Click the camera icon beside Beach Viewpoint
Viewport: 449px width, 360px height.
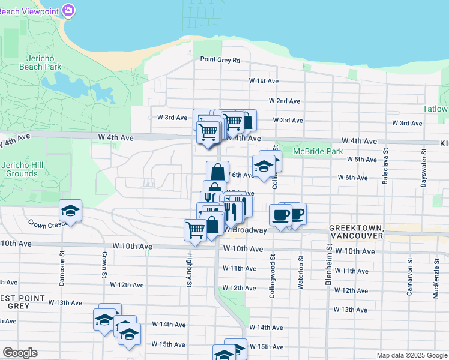tap(68, 10)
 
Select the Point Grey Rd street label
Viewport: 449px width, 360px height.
tap(220, 60)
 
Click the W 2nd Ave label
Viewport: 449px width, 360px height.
tap(285, 101)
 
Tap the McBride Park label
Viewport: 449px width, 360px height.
tap(318, 152)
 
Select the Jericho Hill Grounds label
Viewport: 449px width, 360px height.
tap(19, 169)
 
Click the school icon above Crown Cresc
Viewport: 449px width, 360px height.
tap(70, 211)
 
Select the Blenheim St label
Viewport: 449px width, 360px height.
tap(329, 265)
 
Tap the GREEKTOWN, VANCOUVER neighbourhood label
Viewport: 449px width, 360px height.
tap(355, 232)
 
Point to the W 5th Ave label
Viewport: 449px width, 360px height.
tap(362, 159)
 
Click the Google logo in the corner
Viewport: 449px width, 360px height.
tap(20, 353)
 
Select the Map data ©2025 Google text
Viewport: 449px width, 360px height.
tap(411, 355)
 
